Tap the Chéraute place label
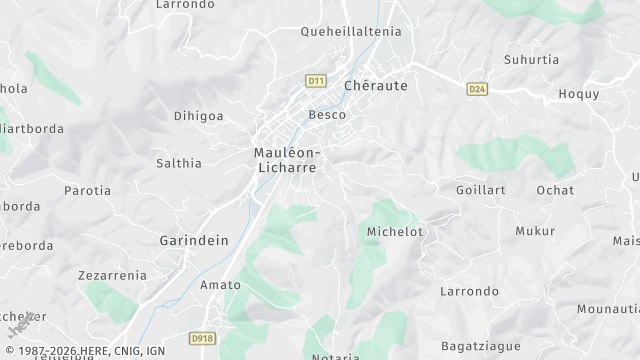point(375,86)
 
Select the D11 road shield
point(317,80)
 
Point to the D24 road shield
point(477,89)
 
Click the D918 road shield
point(203,339)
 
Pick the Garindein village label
point(194,240)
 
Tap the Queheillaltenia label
point(350,31)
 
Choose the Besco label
point(327,115)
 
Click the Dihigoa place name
point(198,116)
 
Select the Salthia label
point(179,163)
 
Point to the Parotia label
point(87,190)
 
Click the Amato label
point(220,285)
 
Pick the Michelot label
point(395,232)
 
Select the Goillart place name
point(481,190)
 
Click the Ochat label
point(555,190)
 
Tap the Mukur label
point(534,231)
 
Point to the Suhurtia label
point(533,59)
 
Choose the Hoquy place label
point(578,94)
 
